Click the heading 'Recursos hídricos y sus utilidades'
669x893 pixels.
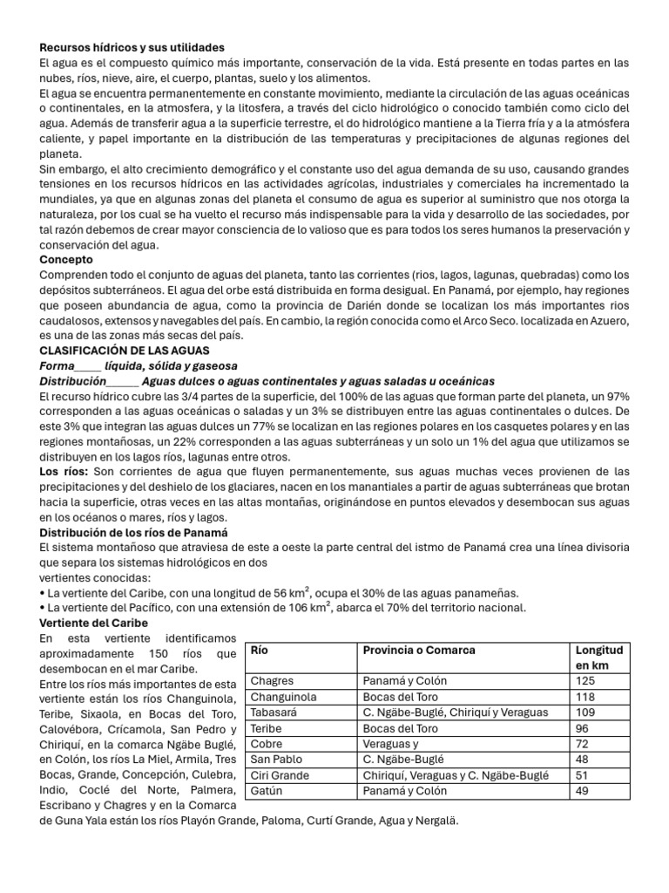(x=132, y=47)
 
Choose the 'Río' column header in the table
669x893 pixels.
(x=260, y=651)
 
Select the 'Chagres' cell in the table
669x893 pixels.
(x=272, y=680)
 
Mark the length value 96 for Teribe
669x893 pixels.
(x=582, y=728)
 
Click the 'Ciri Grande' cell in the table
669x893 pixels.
(x=279, y=775)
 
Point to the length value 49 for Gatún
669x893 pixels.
(x=582, y=791)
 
